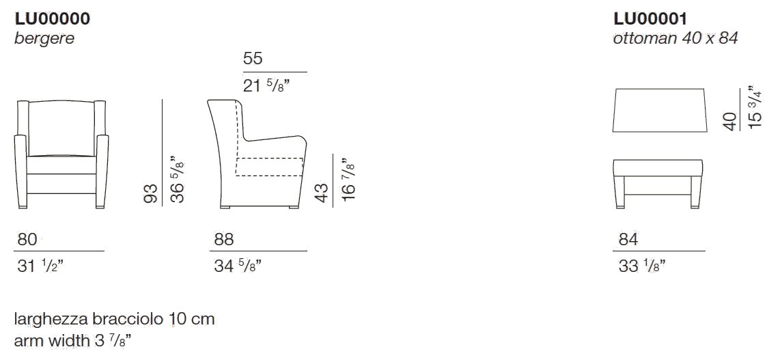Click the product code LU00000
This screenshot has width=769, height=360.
[x=53, y=18]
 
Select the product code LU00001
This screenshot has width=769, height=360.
[x=649, y=18]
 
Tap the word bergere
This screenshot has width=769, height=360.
[x=44, y=39]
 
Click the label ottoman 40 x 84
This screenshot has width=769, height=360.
[x=675, y=38]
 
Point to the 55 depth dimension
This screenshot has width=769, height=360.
[x=253, y=59]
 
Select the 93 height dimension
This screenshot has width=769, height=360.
[x=152, y=193]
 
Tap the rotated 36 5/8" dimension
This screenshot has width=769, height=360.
[x=177, y=180]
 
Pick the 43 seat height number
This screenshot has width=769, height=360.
[x=322, y=192]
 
